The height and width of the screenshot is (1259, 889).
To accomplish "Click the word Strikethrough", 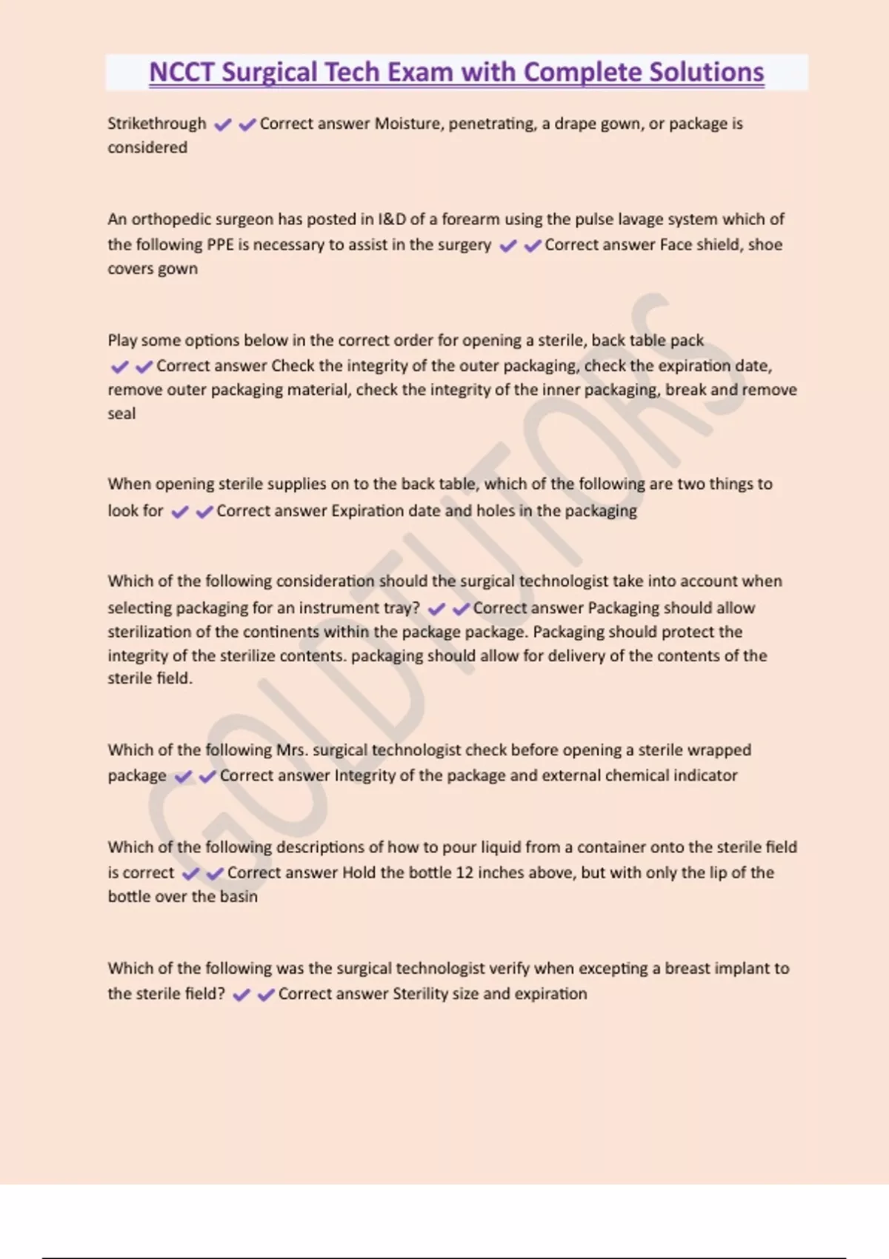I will pos(156,124).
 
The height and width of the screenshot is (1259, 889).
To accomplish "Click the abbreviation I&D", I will pos(392,219).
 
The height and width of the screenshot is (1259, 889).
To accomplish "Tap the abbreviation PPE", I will pos(220,244).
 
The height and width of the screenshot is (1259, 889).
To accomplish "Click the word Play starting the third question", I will pos(122,341).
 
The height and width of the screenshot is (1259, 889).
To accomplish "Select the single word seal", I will pos(121,413).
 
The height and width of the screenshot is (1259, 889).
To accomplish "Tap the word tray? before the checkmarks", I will pos(401,608).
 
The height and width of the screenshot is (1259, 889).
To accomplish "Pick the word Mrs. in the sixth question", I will pos(292,750).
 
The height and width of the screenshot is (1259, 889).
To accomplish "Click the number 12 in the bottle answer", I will pos(464,872).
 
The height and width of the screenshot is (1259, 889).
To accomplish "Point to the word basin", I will pos(240,896).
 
